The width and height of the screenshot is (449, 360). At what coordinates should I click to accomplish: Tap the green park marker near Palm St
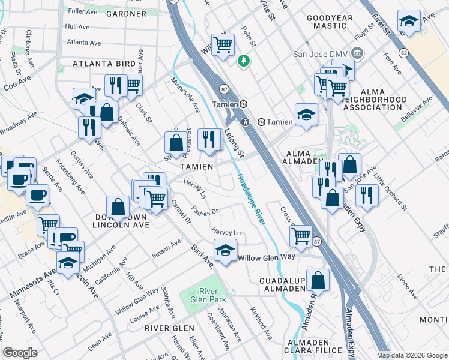tap(243, 60)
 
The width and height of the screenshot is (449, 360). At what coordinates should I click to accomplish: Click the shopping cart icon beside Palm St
tap(223, 44)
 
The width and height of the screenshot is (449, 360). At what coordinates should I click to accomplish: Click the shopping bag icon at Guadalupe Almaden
tap(318, 280)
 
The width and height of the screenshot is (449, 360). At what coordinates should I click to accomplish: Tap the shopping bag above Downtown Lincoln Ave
tap(118, 208)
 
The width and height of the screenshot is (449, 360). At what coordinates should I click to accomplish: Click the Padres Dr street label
tap(205, 211)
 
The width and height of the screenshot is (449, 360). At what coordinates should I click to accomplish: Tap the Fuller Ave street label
tap(83, 11)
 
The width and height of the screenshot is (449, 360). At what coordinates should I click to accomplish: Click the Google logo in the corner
tap(20, 353)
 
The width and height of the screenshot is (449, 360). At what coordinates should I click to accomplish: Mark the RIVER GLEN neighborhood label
tap(169, 328)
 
